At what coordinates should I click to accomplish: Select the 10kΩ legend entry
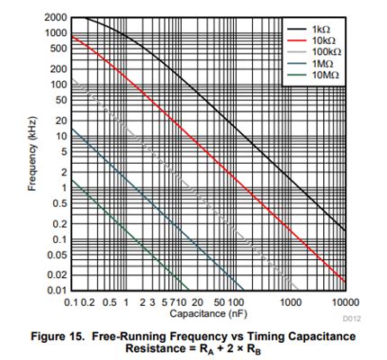pyautogui.click(x=318, y=41)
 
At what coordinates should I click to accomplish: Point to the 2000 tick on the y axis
pyautogui.click(x=55, y=18)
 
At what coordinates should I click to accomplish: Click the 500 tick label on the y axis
pyautogui.click(x=58, y=49)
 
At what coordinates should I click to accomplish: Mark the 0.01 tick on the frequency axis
pyautogui.click(x=56, y=290)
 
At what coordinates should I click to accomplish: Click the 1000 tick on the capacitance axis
pyautogui.click(x=291, y=301)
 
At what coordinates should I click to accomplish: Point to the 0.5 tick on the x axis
pyautogui.click(x=110, y=301)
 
